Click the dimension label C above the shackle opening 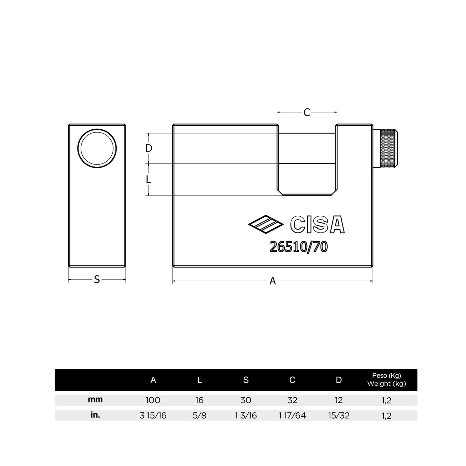coord(307,113)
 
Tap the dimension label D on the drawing coord(149,148)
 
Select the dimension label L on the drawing coord(149,179)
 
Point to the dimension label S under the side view coord(97,280)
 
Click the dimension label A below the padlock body coord(273,281)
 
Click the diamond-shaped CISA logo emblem coord(265,224)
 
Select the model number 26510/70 coord(299,247)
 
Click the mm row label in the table coord(95,400)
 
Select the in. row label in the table coord(95,415)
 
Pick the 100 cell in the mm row coord(153,400)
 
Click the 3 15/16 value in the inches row coord(153,415)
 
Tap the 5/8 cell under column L coord(199,415)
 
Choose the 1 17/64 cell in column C coord(292,415)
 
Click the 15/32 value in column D coord(339,415)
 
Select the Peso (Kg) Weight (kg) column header coord(386,380)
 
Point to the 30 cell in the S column coord(246,400)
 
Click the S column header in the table coord(246,380)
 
